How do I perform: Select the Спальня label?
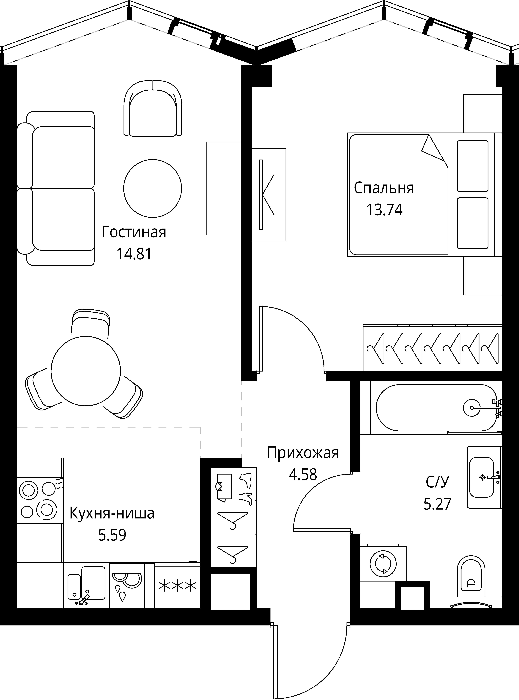tap(384, 188)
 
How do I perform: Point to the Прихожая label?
tap(303, 453)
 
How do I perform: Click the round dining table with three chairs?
tap(86, 371)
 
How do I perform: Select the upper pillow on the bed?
tap(472, 166)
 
